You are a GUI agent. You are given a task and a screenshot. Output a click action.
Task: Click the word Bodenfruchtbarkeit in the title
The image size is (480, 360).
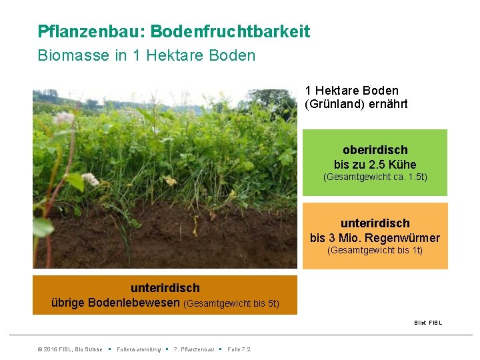[x=230, y=31]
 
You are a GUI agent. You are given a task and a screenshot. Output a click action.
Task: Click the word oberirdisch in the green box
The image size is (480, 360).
[x=375, y=150]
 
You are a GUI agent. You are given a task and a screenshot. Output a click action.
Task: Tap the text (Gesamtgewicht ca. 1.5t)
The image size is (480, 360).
[x=375, y=177]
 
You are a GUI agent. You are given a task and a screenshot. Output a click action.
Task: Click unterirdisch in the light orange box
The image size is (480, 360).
[x=375, y=223]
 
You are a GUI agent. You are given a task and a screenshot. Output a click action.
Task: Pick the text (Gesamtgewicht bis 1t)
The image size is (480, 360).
[x=375, y=251]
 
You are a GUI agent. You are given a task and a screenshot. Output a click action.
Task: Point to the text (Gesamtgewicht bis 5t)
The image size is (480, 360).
[x=231, y=304]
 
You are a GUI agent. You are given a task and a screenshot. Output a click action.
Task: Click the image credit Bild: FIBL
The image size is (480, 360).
[x=427, y=323]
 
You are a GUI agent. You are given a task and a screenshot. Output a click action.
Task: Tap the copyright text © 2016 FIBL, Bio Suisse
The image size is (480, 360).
[x=70, y=349]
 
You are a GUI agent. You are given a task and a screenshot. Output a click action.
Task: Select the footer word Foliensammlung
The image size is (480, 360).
[x=138, y=349]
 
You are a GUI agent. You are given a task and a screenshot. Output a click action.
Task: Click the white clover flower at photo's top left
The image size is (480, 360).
[x=65, y=118]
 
